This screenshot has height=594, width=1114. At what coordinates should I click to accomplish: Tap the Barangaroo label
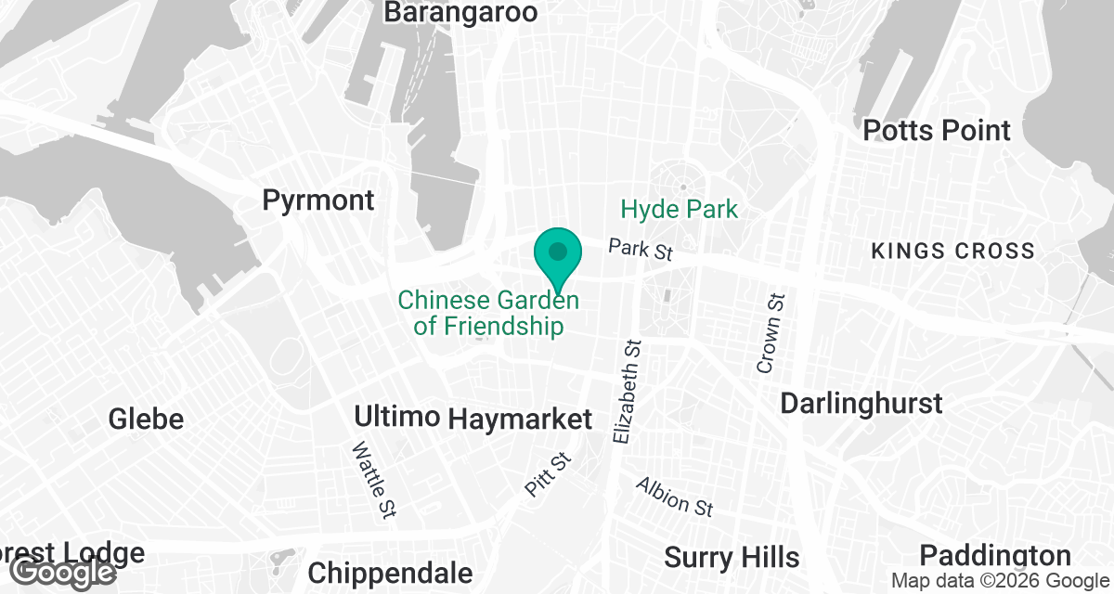coord(460,12)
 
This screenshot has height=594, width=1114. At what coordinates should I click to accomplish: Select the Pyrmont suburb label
coord(318,200)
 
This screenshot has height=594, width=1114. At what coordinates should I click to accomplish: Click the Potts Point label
coord(937,130)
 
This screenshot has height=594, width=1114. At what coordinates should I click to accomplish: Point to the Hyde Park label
coord(680,209)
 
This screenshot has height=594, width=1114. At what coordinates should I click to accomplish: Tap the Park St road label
coord(640,250)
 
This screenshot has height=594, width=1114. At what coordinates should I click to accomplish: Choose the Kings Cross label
coord(952,251)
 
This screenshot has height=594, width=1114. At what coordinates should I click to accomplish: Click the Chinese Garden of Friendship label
coord(488,314)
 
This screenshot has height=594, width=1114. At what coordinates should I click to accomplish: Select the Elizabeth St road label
coord(628,390)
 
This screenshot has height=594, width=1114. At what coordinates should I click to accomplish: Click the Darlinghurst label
coord(861,404)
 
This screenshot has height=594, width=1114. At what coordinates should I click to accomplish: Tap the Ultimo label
coord(396,416)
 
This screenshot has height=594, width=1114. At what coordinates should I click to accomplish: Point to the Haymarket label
coord(520,419)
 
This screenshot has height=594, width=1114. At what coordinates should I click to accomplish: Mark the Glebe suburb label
coord(146,419)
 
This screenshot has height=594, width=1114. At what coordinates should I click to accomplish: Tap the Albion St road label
coord(674,497)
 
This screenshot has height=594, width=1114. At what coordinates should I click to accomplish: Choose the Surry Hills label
coord(732,557)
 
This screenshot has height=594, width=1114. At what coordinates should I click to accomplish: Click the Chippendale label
coord(390,573)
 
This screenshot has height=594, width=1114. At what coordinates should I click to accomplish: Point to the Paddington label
coord(995,556)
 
